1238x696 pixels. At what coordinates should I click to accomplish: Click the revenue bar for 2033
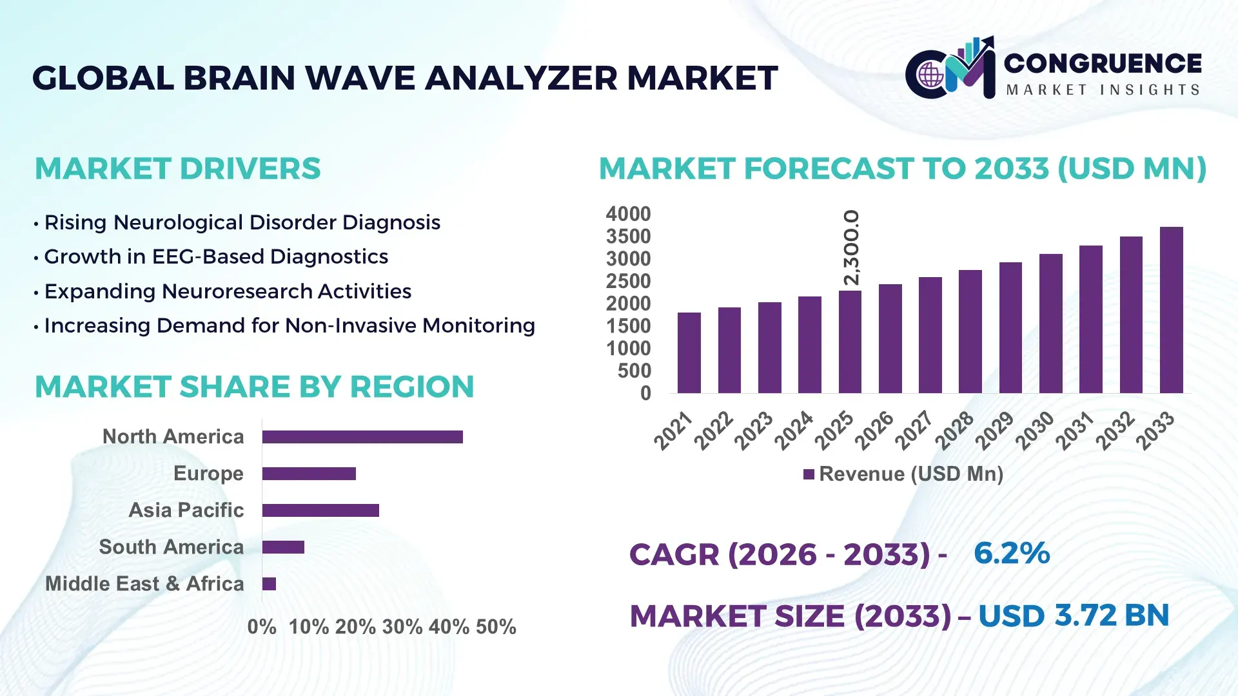[x=1171, y=310]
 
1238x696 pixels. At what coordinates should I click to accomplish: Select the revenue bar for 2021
[x=689, y=353]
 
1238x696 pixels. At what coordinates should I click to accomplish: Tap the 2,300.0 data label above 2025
[x=851, y=247]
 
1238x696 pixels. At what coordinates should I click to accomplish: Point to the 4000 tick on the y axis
[x=628, y=214]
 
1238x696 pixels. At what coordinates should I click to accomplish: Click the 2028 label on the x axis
[x=955, y=430]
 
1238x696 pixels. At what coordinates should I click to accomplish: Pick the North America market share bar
[x=362, y=437]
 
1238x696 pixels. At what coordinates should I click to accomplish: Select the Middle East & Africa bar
[x=269, y=584]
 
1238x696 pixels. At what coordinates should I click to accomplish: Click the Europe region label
[x=208, y=474]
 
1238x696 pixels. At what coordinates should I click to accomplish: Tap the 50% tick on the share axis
[x=496, y=627]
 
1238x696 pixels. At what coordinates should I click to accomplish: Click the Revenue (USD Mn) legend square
[x=809, y=474]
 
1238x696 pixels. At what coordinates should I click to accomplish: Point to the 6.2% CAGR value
[x=1012, y=554]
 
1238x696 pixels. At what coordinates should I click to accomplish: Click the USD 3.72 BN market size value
[x=1074, y=616]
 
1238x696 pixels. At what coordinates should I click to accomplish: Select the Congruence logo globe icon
[x=930, y=75]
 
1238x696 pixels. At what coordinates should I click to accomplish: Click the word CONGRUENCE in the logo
[x=1103, y=63]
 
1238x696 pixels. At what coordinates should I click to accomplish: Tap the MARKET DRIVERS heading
[x=177, y=169]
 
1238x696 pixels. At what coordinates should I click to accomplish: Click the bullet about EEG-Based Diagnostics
[x=216, y=256]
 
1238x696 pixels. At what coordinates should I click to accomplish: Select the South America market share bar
[x=283, y=547]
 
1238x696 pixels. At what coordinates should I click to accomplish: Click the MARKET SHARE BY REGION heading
[x=254, y=387]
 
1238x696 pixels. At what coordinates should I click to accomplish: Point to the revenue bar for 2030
[x=1050, y=324]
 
